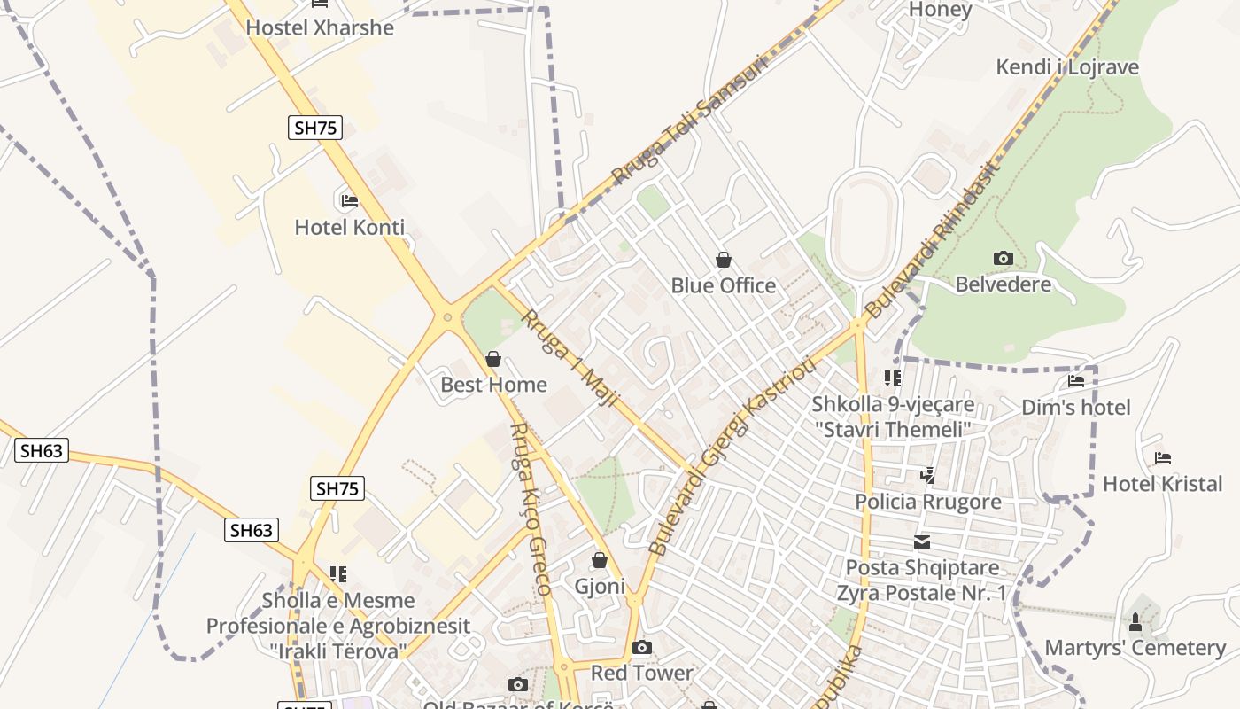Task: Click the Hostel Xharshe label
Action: [320, 27]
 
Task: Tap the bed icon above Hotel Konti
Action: [350, 200]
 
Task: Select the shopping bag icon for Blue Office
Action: [724, 260]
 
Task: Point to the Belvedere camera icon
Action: [1003, 258]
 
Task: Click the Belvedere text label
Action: [1003, 284]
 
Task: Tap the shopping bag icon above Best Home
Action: [493, 359]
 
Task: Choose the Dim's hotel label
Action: [1076, 408]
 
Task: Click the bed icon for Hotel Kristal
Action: [1163, 458]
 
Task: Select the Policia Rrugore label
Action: [927, 502]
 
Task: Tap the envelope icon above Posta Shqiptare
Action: [922, 541]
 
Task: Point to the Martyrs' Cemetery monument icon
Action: [1135, 621]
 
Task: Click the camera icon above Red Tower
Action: [642, 647]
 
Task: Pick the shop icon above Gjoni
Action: [600, 560]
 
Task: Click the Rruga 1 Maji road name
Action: [570, 358]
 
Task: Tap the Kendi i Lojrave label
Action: [1067, 67]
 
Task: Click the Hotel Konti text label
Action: [350, 228]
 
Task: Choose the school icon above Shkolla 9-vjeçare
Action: [893, 378]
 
